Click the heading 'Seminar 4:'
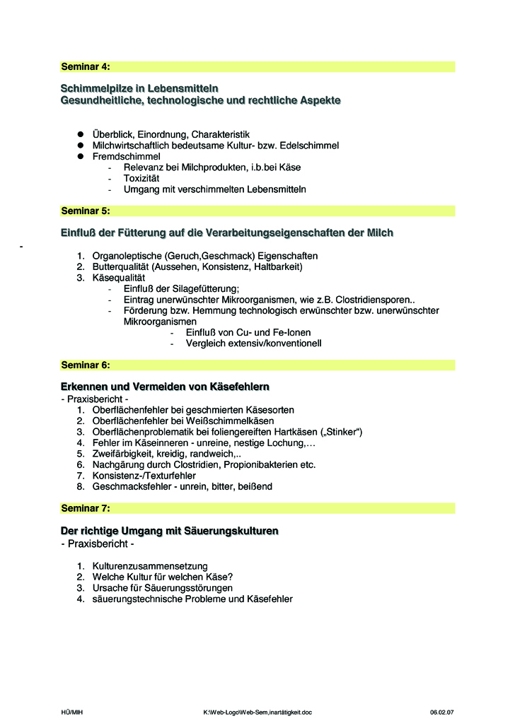tap(86, 67)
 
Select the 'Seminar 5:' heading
tap(86, 211)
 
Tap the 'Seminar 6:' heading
tap(86, 365)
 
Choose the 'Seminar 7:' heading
tap(86, 508)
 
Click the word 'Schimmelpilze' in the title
tap(94, 88)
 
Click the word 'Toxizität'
tap(141, 179)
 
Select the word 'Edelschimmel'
tap(310, 146)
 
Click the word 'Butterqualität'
tap(120, 267)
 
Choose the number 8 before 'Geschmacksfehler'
tap(81, 487)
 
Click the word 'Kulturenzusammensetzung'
tap(150, 565)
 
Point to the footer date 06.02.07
tap(441, 712)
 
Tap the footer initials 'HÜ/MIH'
tap(72, 712)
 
